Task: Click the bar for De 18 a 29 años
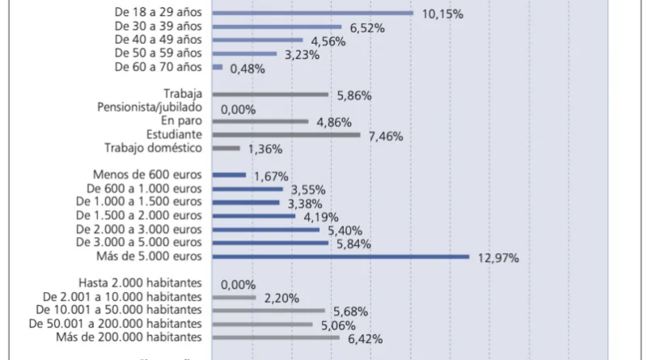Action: (x=313, y=13)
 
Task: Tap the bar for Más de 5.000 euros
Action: (x=340, y=256)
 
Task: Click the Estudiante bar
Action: (x=286, y=134)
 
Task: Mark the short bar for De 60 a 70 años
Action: (x=218, y=67)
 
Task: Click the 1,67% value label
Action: (x=271, y=176)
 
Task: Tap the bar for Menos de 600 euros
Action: (x=229, y=175)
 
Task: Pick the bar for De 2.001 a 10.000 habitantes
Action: (x=234, y=298)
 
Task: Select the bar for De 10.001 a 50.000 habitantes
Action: (x=269, y=311)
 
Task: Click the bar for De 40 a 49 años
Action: (x=257, y=40)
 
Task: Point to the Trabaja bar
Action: (x=270, y=94)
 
